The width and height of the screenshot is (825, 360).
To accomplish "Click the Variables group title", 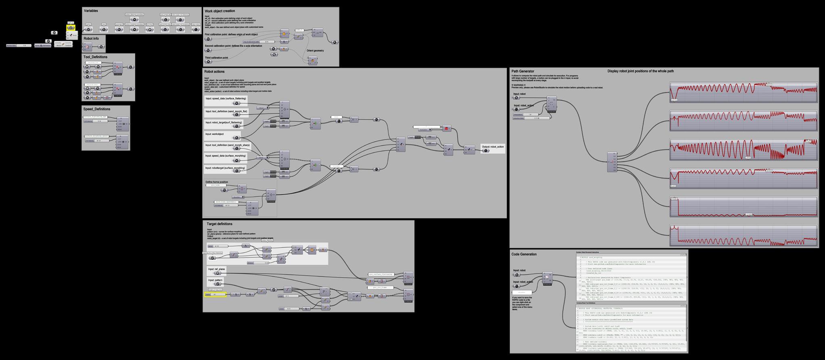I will click(91, 11).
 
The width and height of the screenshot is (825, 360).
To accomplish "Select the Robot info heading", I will click(91, 39).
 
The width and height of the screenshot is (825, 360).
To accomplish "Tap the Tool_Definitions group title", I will click(95, 57).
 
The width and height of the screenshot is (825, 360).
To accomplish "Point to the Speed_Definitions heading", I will click(96, 109).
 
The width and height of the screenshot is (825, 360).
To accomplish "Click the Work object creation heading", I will click(220, 11).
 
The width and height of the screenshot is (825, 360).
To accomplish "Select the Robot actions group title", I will click(214, 72).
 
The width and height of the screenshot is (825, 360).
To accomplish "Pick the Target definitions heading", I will click(220, 224).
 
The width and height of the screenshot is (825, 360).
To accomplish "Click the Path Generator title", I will click(523, 71).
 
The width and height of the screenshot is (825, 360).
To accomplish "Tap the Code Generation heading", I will click(524, 254).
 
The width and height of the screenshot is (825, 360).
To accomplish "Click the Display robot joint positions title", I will click(641, 71).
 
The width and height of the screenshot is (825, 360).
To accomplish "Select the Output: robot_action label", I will click(492, 147).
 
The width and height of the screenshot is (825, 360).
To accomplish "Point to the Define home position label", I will click(217, 182).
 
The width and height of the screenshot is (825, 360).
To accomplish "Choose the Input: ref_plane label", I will click(216, 269).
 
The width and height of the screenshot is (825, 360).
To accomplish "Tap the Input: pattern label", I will click(215, 280).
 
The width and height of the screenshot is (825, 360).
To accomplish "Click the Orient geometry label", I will click(315, 51).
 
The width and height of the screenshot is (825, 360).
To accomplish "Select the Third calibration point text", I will click(216, 58).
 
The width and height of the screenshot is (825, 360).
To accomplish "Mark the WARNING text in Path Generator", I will click(518, 85).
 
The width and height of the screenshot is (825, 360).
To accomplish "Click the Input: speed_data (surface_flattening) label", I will click(226, 98).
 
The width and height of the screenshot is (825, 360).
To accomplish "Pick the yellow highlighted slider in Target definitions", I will click(216, 295).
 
